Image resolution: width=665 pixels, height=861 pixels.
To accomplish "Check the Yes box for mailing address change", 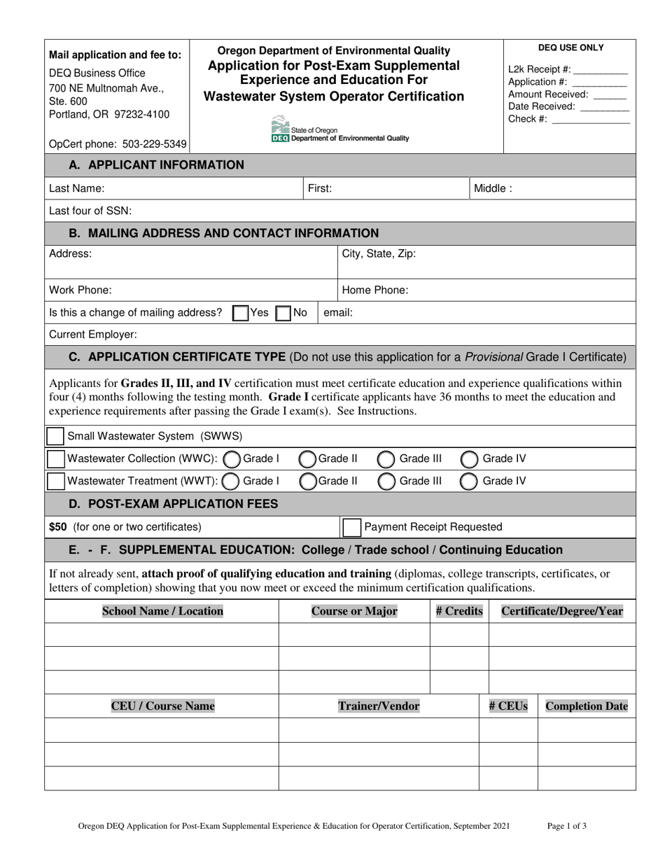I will coord(240,313).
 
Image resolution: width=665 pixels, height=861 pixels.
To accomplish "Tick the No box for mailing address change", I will coord(283,313).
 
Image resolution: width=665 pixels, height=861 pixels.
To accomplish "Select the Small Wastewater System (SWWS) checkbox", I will coord(55,436).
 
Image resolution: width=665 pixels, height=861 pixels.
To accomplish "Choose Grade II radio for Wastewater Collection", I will coord(307,459).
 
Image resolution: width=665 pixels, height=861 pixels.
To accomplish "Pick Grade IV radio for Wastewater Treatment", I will coord(470,481).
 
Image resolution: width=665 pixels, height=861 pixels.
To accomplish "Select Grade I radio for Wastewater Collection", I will coord(232,459).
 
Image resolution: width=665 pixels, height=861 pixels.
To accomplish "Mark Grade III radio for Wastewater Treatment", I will coord(386,481).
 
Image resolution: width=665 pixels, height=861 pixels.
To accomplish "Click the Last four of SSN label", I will coord(90,211).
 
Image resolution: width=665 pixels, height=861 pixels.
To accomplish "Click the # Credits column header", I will coord(458,611).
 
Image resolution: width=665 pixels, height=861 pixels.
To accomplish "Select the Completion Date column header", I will coord(586,706).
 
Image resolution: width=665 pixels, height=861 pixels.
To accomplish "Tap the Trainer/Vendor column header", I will coord(379,706).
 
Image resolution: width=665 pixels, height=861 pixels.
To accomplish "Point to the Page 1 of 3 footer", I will coord(567,826).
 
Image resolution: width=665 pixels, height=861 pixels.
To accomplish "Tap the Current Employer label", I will coord(93,335).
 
